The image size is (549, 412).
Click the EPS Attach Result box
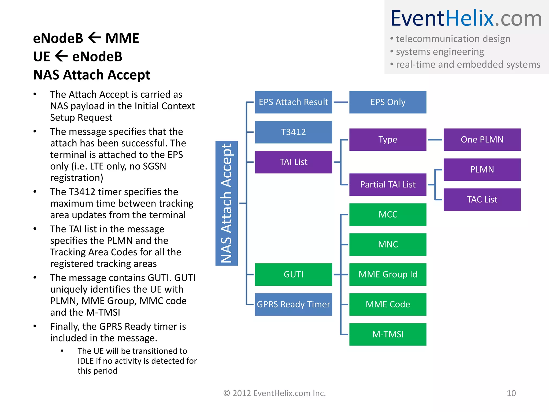(x=293, y=102)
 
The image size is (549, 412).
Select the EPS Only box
(x=388, y=102)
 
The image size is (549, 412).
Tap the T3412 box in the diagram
(x=293, y=132)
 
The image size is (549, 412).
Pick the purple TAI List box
(x=293, y=162)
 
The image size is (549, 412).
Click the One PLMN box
(x=482, y=139)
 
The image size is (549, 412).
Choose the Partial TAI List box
(x=388, y=185)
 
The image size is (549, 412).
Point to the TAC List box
(x=482, y=200)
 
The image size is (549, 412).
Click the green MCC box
(x=388, y=215)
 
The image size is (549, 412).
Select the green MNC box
(x=388, y=245)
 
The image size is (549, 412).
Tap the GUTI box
(x=293, y=274)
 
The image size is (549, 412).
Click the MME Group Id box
(x=388, y=274)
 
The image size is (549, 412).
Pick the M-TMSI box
(x=388, y=334)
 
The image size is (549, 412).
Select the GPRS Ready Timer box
(x=293, y=304)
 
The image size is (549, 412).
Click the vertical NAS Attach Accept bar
(x=227, y=203)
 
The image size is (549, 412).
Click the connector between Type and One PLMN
(x=435, y=140)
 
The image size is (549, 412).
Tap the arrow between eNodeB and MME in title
(x=94, y=38)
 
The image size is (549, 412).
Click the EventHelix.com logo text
(x=466, y=18)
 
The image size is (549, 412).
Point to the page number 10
(x=511, y=393)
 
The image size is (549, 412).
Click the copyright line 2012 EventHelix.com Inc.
(x=274, y=393)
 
